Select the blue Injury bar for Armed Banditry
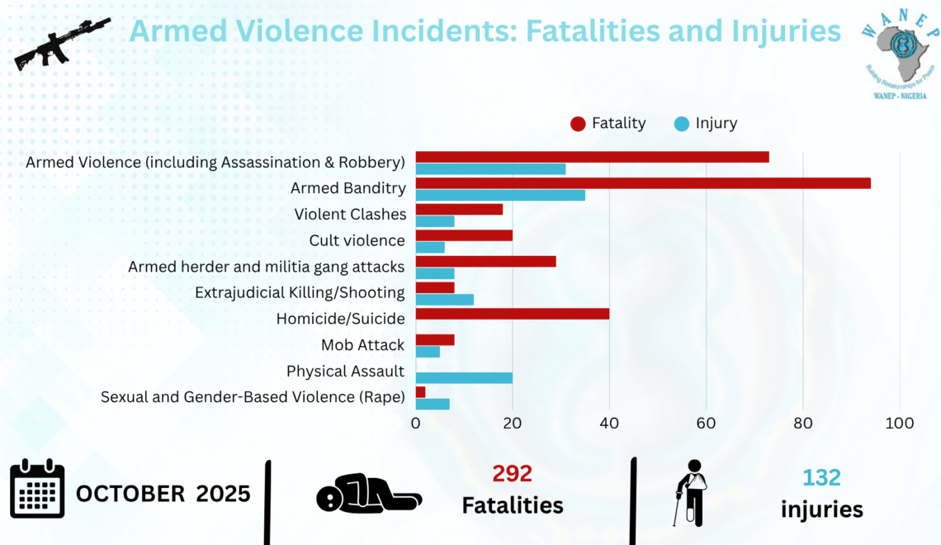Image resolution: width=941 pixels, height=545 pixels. tap(500, 196)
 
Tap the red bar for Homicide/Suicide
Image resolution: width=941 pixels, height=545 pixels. tap(512, 314)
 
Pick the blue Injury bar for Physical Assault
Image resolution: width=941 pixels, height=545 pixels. tap(464, 378)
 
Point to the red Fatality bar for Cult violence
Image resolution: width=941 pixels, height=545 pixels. tap(464, 235)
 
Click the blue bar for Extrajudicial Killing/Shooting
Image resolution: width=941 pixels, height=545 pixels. tap(444, 299)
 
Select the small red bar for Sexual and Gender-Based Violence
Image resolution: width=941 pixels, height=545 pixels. tap(420, 392)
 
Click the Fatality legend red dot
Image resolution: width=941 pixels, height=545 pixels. tap(578, 124)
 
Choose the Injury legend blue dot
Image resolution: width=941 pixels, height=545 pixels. tap(681, 124)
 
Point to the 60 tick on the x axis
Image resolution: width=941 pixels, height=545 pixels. tap(706, 423)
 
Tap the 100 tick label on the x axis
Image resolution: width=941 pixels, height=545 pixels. tap(899, 423)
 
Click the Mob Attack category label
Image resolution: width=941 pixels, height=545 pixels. tap(363, 345)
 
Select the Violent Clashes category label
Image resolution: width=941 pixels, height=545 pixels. tap(350, 215)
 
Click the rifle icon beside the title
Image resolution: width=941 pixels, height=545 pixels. tap(62, 45)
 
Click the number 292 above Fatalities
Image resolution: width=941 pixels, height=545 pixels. tap(512, 474)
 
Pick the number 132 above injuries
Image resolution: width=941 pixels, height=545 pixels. tap(821, 477)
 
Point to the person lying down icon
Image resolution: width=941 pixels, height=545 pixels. tap(368, 494)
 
